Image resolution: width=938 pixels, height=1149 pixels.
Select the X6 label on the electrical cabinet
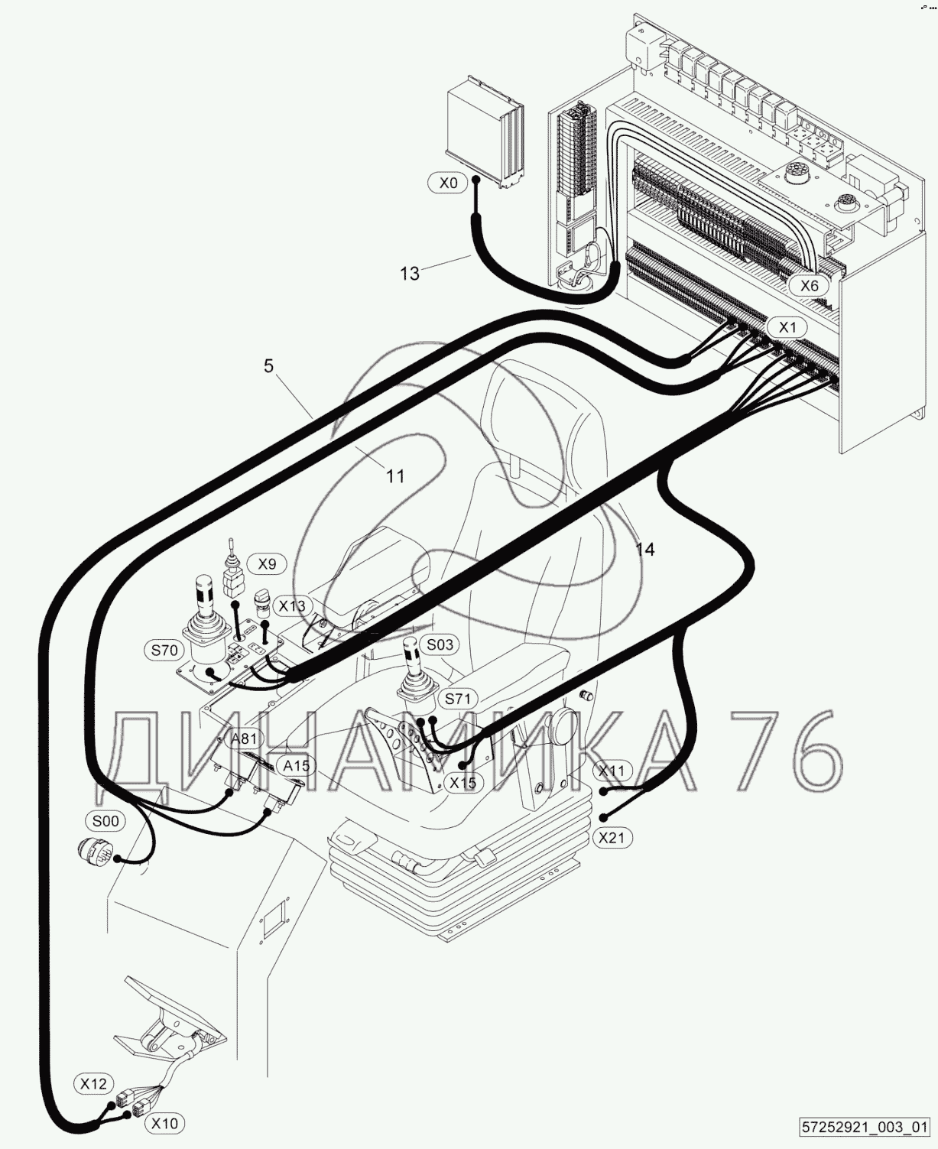click(x=809, y=286)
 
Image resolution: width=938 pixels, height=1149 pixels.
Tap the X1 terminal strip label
click(x=787, y=327)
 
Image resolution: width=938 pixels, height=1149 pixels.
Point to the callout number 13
click(x=410, y=273)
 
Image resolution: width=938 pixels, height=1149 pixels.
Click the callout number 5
click(x=268, y=366)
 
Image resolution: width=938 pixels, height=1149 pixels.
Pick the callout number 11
click(x=394, y=476)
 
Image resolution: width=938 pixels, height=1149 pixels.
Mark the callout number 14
click(x=645, y=549)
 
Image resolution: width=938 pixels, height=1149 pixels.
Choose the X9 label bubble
click(x=266, y=564)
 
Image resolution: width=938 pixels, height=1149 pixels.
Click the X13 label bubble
click(x=291, y=606)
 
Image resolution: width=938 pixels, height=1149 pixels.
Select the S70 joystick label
click(x=164, y=651)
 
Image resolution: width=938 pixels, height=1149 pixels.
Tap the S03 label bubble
click(x=439, y=644)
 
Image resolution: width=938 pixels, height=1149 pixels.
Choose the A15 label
click(x=296, y=765)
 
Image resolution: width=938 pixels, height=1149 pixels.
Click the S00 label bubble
click(x=105, y=821)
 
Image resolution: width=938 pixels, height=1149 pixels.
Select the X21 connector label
click(x=611, y=837)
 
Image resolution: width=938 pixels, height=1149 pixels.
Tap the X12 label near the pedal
click(x=94, y=1083)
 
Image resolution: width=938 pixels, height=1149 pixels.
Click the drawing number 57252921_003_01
click(x=864, y=1128)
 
